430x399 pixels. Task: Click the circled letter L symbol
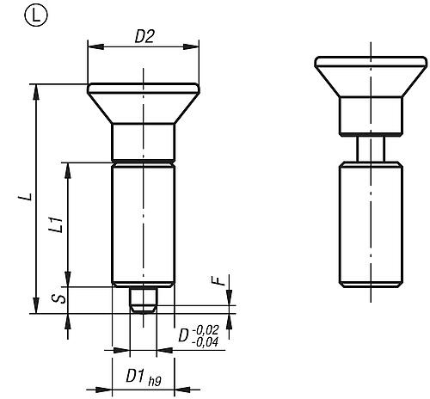click(14, 14)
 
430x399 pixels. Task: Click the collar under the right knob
click(371, 115)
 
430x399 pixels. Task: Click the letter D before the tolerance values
click(183, 335)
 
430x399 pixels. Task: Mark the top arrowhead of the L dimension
click(36, 88)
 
